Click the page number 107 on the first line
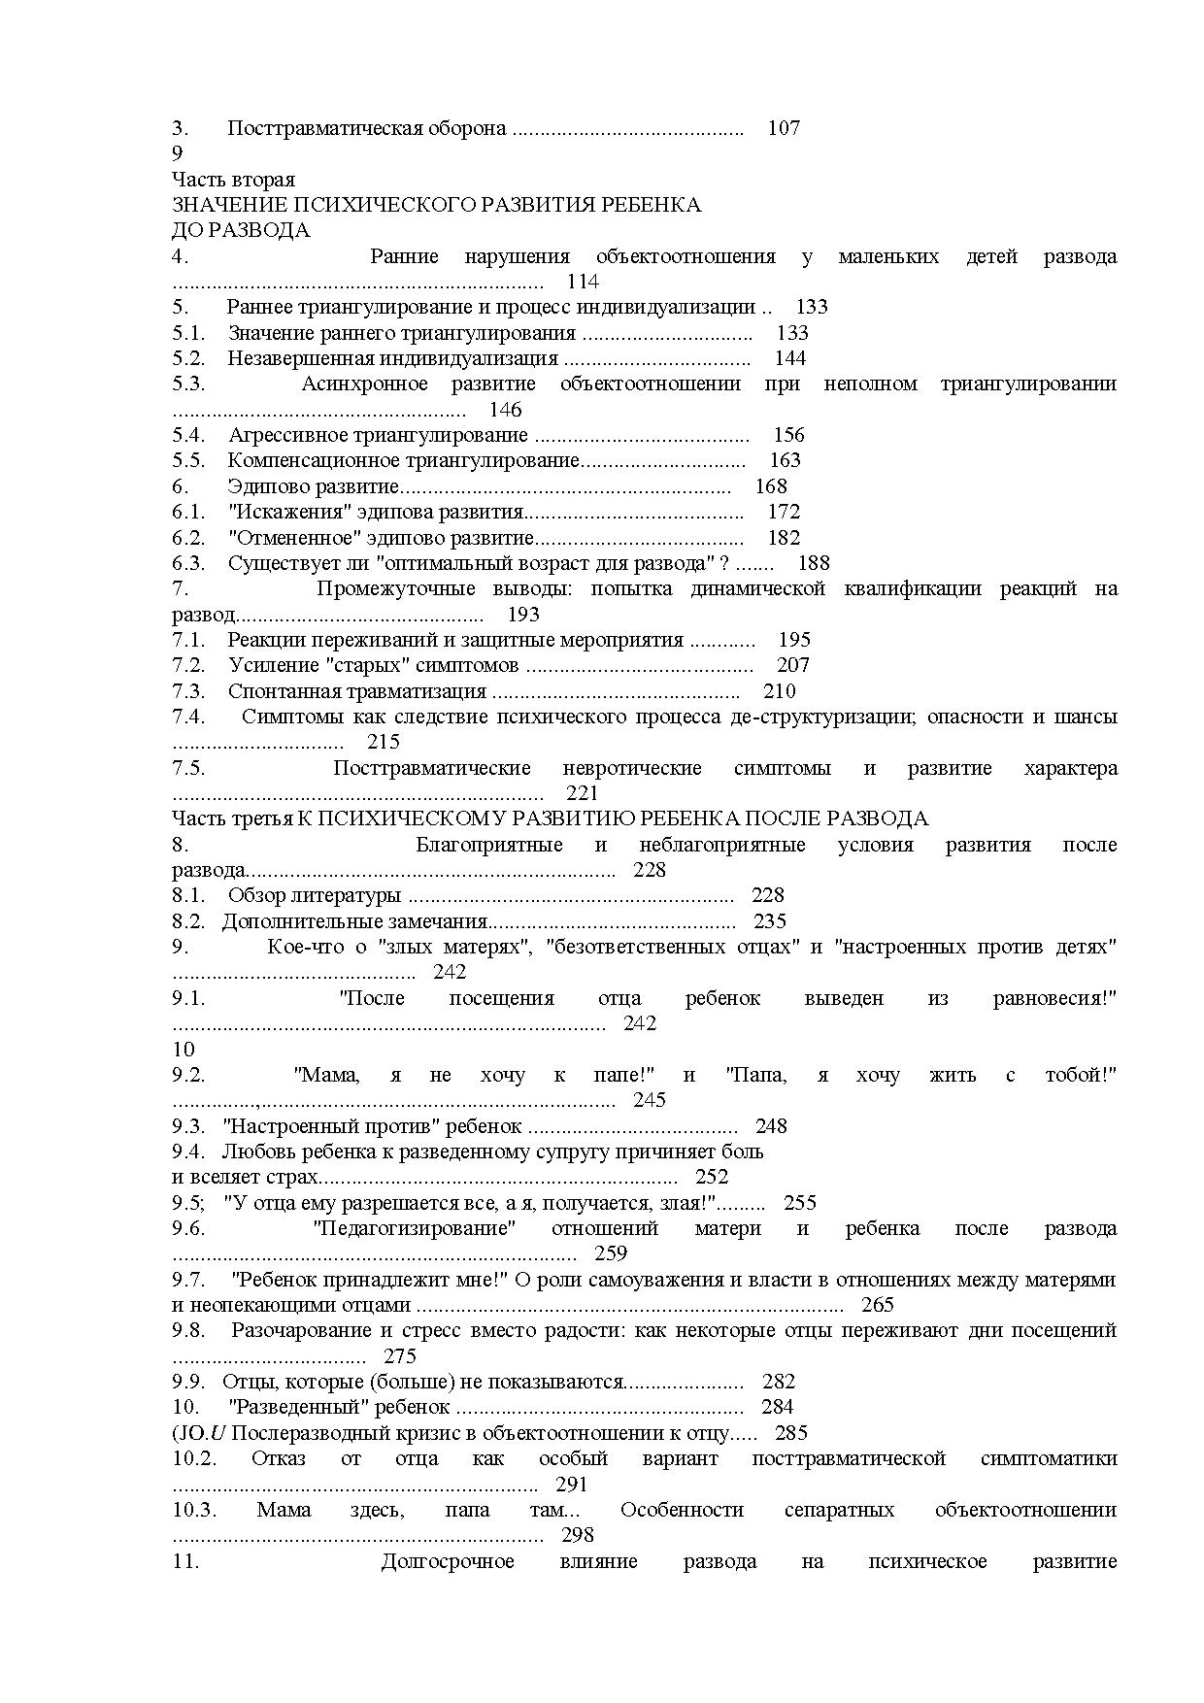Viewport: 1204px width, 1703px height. [x=784, y=128]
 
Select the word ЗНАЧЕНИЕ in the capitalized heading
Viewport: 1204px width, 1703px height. [x=229, y=205]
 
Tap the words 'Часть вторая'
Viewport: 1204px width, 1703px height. [x=233, y=180]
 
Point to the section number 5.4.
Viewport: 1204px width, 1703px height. [x=188, y=435]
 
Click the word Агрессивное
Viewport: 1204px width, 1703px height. [x=288, y=435]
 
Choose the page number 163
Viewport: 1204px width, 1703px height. [x=786, y=460]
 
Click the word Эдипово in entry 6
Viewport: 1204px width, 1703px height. [x=264, y=486]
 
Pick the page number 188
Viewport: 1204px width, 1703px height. [x=814, y=563]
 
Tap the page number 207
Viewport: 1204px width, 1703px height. [x=793, y=665]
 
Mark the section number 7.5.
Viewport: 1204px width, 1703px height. [x=188, y=768]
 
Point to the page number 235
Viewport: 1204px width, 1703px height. [x=770, y=921]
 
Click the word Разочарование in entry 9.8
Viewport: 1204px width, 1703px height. [x=297, y=1330]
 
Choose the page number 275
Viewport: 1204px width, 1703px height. [x=400, y=1356]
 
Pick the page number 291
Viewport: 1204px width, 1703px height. [x=572, y=1485]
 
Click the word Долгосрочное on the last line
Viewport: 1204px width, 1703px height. [x=448, y=1561]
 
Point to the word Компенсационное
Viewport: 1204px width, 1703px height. [x=313, y=460]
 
